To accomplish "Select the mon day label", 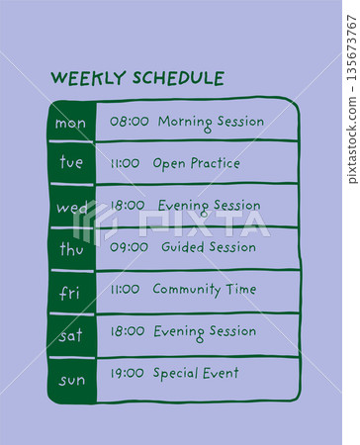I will [x=70, y=123].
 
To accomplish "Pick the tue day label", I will [x=71, y=163].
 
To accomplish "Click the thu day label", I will [x=71, y=249].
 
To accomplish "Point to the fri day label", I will [x=70, y=293].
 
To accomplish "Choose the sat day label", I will [x=70, y=335].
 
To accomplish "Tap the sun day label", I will [x=71, y=379].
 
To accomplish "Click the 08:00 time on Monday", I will [x=129, y=122].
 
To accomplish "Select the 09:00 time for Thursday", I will [x=129, y=247].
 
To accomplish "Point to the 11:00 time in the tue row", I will [x=125, y=163].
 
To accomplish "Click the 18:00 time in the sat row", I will [x=128, y=331].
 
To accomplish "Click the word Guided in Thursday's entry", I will [x=183, y=247].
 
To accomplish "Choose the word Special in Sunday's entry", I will [x=176, y=374].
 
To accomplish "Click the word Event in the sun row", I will [x=221, y=374].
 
